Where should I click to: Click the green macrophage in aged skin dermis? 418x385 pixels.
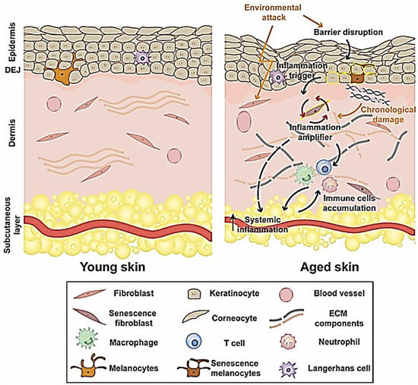coord(305,177)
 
